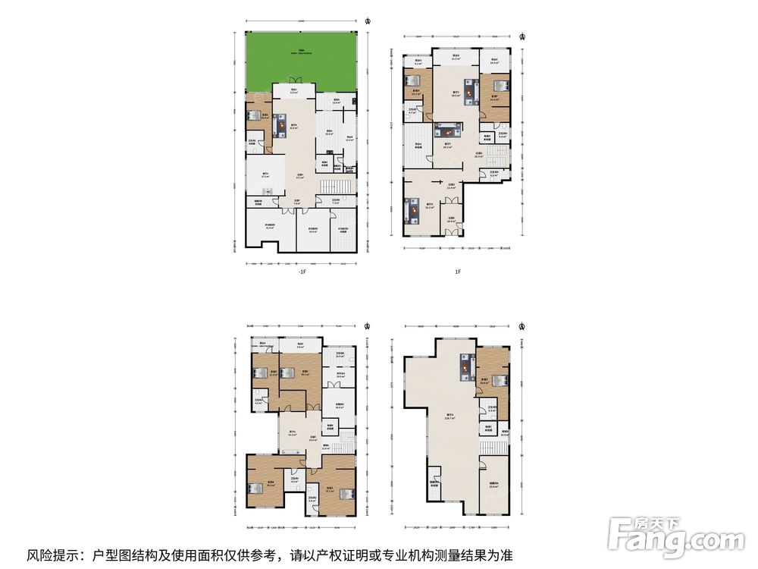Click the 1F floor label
coord(458,272)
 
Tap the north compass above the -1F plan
coord(368,20)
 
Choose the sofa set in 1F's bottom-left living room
coord(415,210)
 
